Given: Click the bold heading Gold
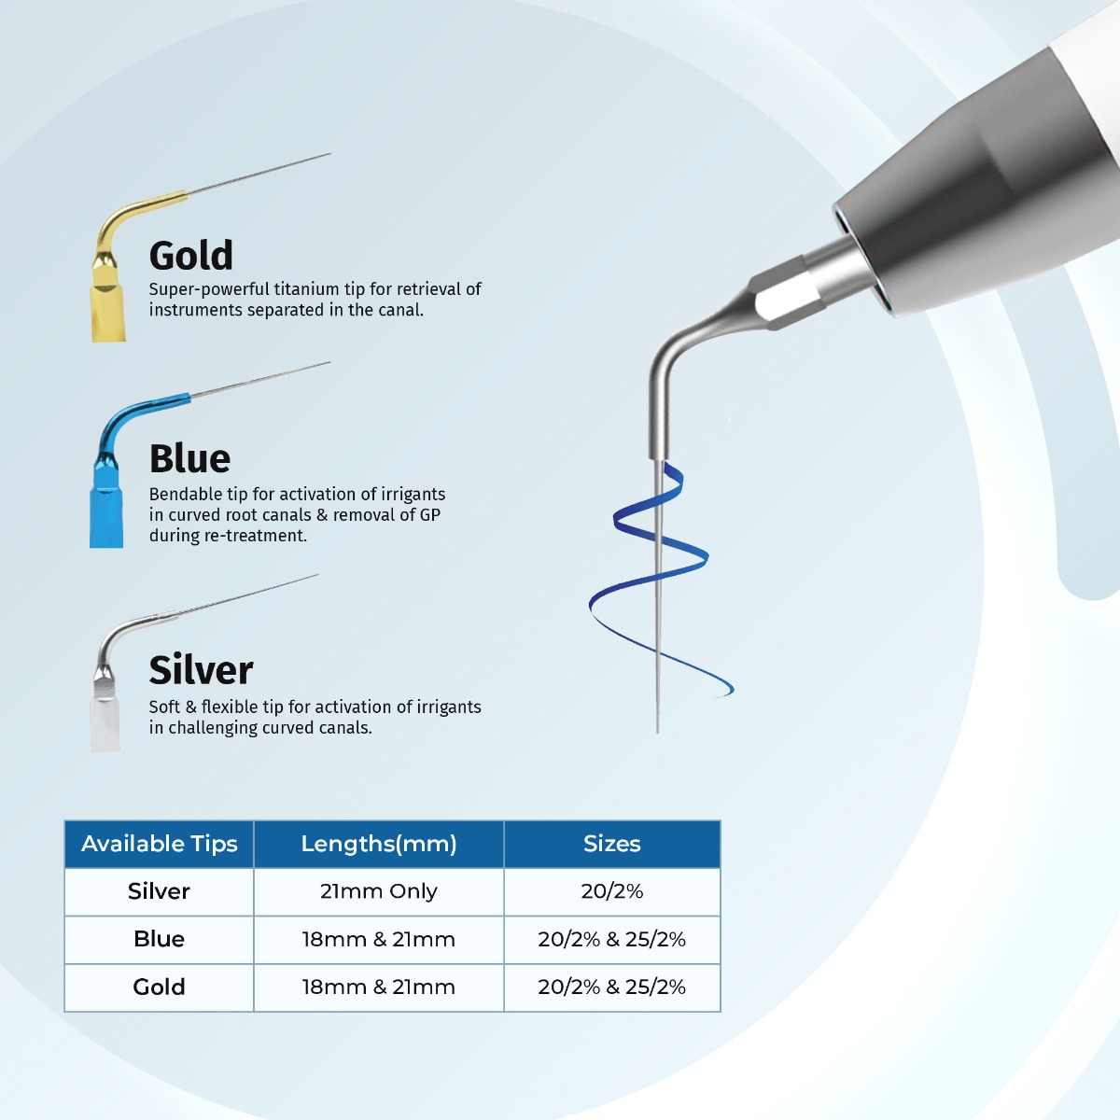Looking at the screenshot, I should click(191, 256).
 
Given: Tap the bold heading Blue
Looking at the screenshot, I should click(189, 458).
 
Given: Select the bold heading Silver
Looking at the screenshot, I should click(201, 670).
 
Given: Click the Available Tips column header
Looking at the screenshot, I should click(159, 844).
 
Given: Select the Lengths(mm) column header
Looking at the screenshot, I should click(378, 844).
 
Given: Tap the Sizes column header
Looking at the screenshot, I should click(611, 844).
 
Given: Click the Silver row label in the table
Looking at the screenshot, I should click(159, 891).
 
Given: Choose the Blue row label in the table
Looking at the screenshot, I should click(159, 939).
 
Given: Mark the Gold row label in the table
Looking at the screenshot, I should click(159, 987).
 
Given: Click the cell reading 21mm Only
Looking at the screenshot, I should click(378, 891).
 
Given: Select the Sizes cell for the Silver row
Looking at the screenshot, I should click(611, 891).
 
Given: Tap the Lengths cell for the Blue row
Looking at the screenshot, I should click(378, 939).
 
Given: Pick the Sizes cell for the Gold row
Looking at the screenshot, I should click(611, 987).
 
